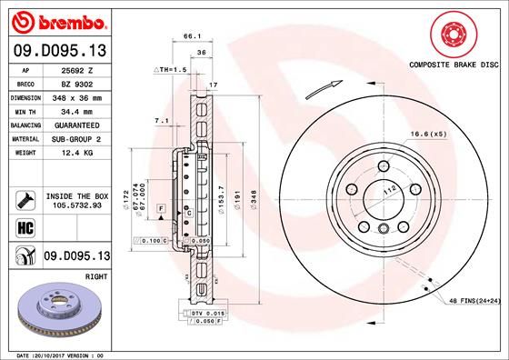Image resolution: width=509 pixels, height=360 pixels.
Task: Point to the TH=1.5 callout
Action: click(170, 69)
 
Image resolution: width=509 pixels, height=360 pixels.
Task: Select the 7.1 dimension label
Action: click(162, 120)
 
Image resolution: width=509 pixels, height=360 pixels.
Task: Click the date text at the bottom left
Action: click(55, 354)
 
